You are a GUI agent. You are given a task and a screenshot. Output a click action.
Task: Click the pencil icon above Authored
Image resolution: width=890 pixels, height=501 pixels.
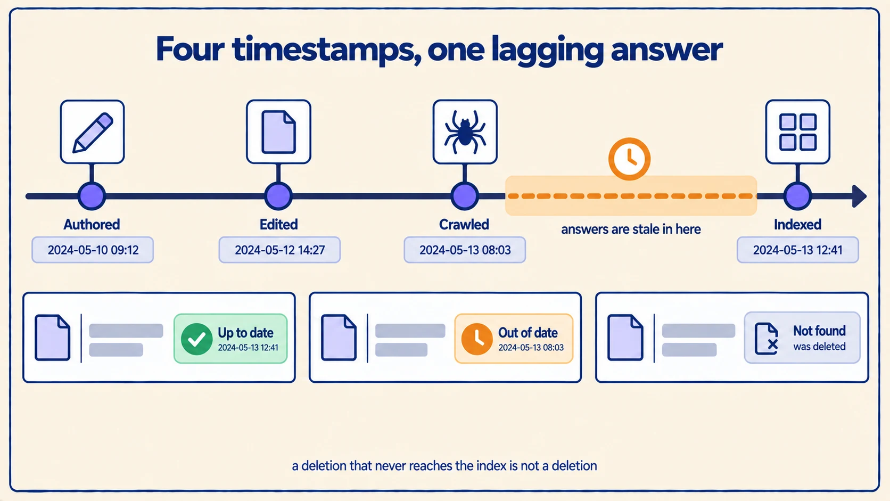click(x=93, y=132)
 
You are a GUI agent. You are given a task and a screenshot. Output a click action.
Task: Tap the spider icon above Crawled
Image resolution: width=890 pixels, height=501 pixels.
click(x=465, y=132)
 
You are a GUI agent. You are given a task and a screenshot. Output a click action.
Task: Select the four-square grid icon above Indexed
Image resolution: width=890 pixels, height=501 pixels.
click(x=798, y=132)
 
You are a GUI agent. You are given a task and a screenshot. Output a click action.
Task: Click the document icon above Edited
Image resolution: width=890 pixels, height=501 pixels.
click(x=278, y=132)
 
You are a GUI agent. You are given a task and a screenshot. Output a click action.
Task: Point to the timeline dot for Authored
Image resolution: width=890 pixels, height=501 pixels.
click(x=92, y=196)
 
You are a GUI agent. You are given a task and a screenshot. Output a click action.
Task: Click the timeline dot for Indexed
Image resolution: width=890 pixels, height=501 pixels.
click(x=797, y=196)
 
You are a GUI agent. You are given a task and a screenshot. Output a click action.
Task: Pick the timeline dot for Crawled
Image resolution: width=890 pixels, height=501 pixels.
click(x=465, y=196)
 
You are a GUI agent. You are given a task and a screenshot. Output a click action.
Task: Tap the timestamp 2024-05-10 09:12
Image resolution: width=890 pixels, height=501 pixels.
click(x=93, y=250)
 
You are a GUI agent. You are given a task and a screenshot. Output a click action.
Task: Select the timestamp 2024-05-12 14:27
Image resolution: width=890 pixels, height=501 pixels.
click(x=279, y=250)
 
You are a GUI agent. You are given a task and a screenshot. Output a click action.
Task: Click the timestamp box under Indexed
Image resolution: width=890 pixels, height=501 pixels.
click(x=798, y=250)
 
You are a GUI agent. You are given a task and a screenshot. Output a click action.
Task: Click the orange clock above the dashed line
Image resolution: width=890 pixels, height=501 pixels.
click(x=629, y=159)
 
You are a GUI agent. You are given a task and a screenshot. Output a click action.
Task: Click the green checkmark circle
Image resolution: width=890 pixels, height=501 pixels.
click(x=196, y=339)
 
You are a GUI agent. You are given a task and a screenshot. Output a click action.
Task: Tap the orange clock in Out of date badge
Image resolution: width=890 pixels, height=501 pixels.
click(x=477, y=339)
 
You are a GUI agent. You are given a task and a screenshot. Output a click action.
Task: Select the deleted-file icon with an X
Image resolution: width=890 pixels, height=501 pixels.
click(x=767, y=339)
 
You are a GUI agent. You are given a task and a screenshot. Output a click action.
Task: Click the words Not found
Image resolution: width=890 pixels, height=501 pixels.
click(x=819, y=331)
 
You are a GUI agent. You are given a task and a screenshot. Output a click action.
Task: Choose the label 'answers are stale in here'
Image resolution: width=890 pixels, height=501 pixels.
click(x=631, y=229)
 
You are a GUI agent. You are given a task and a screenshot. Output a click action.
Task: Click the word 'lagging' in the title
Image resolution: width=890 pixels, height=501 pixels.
click(x=547, y=50)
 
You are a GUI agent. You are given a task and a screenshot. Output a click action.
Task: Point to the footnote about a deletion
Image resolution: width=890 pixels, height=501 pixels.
click(x=444, y=466)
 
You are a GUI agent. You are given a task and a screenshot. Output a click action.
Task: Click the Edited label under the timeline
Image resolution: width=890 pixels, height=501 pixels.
click(x=278, y=225)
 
